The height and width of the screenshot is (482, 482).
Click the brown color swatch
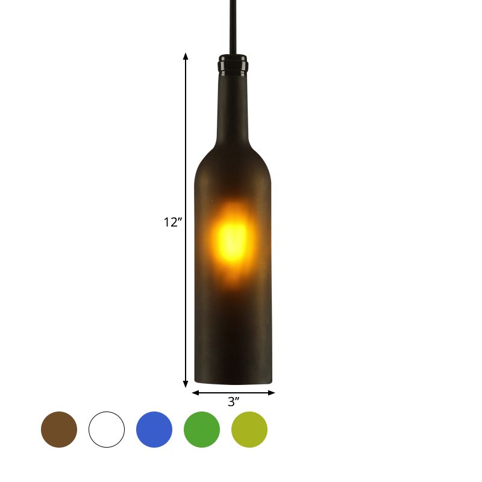[59, 430]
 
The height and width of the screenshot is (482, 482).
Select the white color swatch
[107, 430]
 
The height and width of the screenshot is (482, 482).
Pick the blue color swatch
[154, 430]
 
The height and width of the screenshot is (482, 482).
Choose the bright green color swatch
[202, 430]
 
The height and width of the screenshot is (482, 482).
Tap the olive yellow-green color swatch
[249, 430]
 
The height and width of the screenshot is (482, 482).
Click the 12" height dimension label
[173, 222]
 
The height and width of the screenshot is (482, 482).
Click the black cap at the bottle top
[232, 62]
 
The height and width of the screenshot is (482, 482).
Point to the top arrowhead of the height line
[186, 57]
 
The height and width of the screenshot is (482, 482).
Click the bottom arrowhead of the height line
[186, 383]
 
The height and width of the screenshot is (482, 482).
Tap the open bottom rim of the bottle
[233, 382]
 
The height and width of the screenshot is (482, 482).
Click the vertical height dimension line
[186, 151]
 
